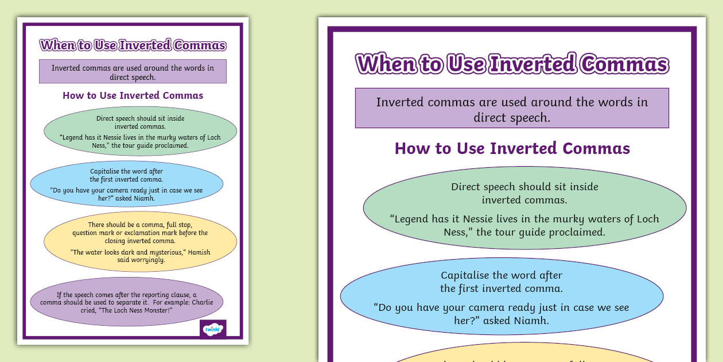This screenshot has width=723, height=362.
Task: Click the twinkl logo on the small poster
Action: point(213,329)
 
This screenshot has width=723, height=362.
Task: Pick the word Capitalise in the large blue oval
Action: point(465,275)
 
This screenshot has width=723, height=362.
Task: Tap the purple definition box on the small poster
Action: point(133,72)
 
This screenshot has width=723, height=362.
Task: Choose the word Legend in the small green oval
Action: point(73,137)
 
